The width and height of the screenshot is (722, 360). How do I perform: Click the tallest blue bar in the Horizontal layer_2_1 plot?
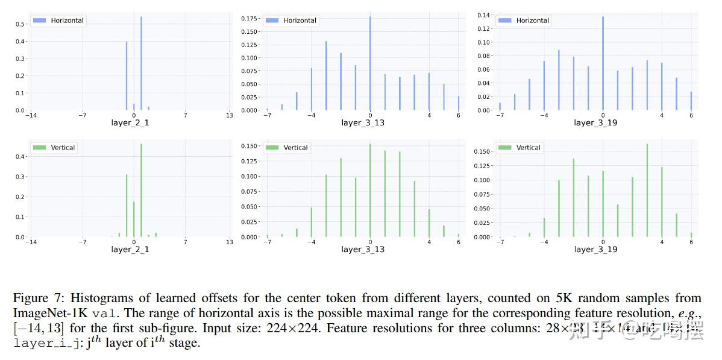tap(141, 63)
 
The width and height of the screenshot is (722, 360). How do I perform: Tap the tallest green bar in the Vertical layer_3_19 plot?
tap(647, 190)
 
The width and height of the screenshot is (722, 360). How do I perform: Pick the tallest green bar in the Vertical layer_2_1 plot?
tap(141, 190)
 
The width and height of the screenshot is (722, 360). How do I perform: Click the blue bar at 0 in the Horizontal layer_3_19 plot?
tap(603, 63)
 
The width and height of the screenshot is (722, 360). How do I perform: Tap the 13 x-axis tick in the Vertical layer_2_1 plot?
tap(230, 242)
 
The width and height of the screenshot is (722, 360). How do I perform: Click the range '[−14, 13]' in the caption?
tap(39, 329)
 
